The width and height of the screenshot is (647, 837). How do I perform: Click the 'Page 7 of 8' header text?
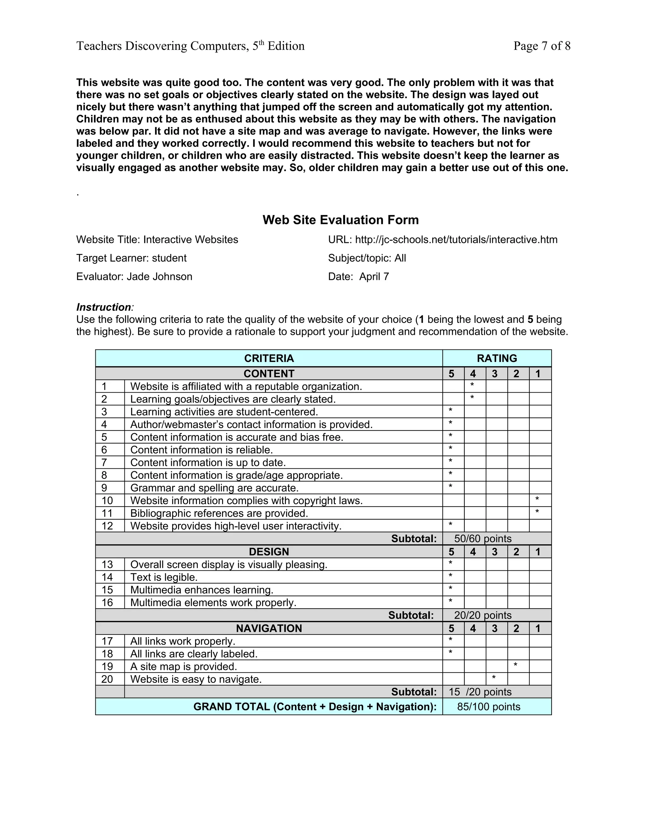click(x=541, y=46)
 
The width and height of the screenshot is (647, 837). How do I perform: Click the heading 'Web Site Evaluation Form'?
click(x=340, y=220)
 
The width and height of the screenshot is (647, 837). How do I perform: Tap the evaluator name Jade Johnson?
click(x=159, y=276)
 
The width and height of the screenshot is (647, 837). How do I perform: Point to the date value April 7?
click(x=374, y=276)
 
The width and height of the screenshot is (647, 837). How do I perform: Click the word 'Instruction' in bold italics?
click(x=104, y=307)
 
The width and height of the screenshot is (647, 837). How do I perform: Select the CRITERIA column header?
click(x=269, y=358)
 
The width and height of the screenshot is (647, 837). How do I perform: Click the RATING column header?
click(x=496, y=358)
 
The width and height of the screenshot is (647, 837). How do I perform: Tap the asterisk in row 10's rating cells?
click(x=537, y=499)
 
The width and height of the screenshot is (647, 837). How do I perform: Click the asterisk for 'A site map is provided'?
click(x=516, y=665)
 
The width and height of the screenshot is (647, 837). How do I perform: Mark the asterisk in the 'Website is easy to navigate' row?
click(x=494, y=677)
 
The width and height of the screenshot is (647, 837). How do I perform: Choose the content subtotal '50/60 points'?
click(x=483, y=539)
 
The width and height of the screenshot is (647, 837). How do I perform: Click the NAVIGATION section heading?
click(x=269, y=628)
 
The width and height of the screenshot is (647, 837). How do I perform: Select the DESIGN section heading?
click(x=269, y=551)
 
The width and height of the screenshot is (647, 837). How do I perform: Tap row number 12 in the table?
click(x=107, y=526)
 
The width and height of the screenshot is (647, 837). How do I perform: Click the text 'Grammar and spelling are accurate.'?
click(x=214, y=488)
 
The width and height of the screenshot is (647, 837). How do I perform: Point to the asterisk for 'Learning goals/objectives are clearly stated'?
click(x=472, y=397)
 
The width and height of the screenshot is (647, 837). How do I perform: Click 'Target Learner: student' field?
click(x=131, y=258)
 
